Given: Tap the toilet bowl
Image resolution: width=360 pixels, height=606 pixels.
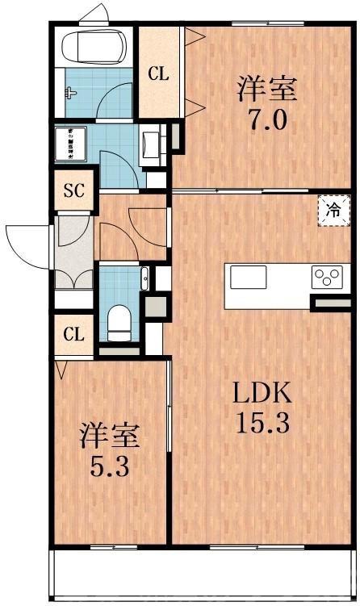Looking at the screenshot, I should click(x=119, y=319).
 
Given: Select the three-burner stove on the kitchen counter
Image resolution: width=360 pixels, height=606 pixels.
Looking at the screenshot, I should click(x=327, y=277).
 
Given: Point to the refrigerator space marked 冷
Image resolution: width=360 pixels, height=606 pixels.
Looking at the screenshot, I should click(x=333, y=211).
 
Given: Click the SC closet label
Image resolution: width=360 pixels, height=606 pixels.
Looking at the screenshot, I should click(x=74, y=191).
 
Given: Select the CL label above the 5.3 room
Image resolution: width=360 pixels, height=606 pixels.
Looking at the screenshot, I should click(x=74, y=332).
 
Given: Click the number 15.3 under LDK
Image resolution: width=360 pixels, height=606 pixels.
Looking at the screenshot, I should click(x=262, y=421).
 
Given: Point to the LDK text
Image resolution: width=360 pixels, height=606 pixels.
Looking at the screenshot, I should click(x=262, y=395).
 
